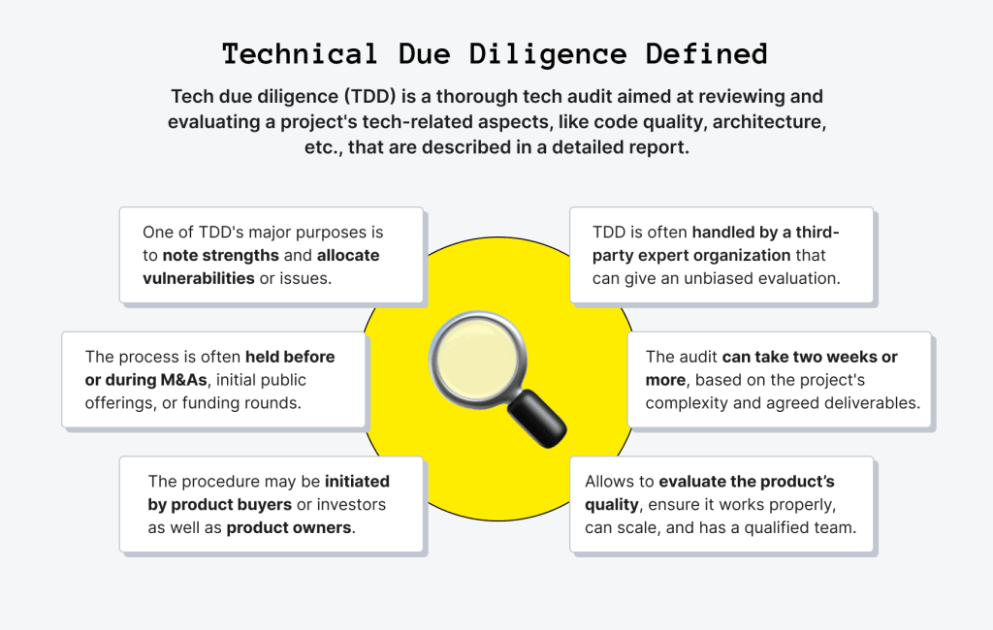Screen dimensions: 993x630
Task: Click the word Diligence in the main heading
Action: pyautogui.click(x=548, y=54)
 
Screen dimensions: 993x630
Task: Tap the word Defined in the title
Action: pyautogui.click(x=707, y=54)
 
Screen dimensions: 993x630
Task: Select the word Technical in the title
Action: pyautogui.click(x=301, y=54)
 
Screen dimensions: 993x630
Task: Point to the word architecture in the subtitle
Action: pyautogui.click(x=769, y=121)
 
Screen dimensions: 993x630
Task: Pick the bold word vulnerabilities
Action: pyautogui.click(x=199, y=278)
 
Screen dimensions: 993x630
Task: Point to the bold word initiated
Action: pyautogui.click(x=357, y=481)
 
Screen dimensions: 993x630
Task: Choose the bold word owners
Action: pyautogui.click(x=321, y=528)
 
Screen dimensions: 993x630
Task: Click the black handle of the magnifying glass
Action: pyautogui.click(x=537, y=419)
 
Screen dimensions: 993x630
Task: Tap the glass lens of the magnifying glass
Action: pyautogui.click(x=476, y=357)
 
